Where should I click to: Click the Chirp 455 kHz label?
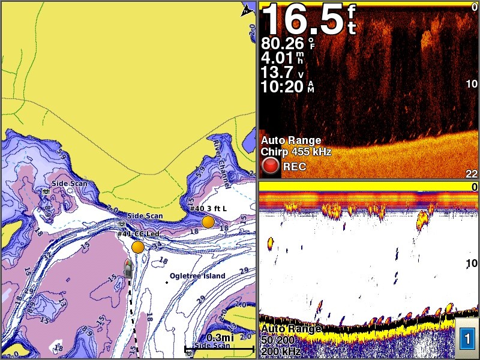[296, 152]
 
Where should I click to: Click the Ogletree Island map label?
[197, 276]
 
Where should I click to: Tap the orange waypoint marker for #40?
[208, 222]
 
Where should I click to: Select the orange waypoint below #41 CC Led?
[138, 247]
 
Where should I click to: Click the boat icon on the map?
[128, 269]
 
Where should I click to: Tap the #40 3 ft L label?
[208, 208]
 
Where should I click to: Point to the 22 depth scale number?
[472, 174]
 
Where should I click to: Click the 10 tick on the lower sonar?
[472, 263]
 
